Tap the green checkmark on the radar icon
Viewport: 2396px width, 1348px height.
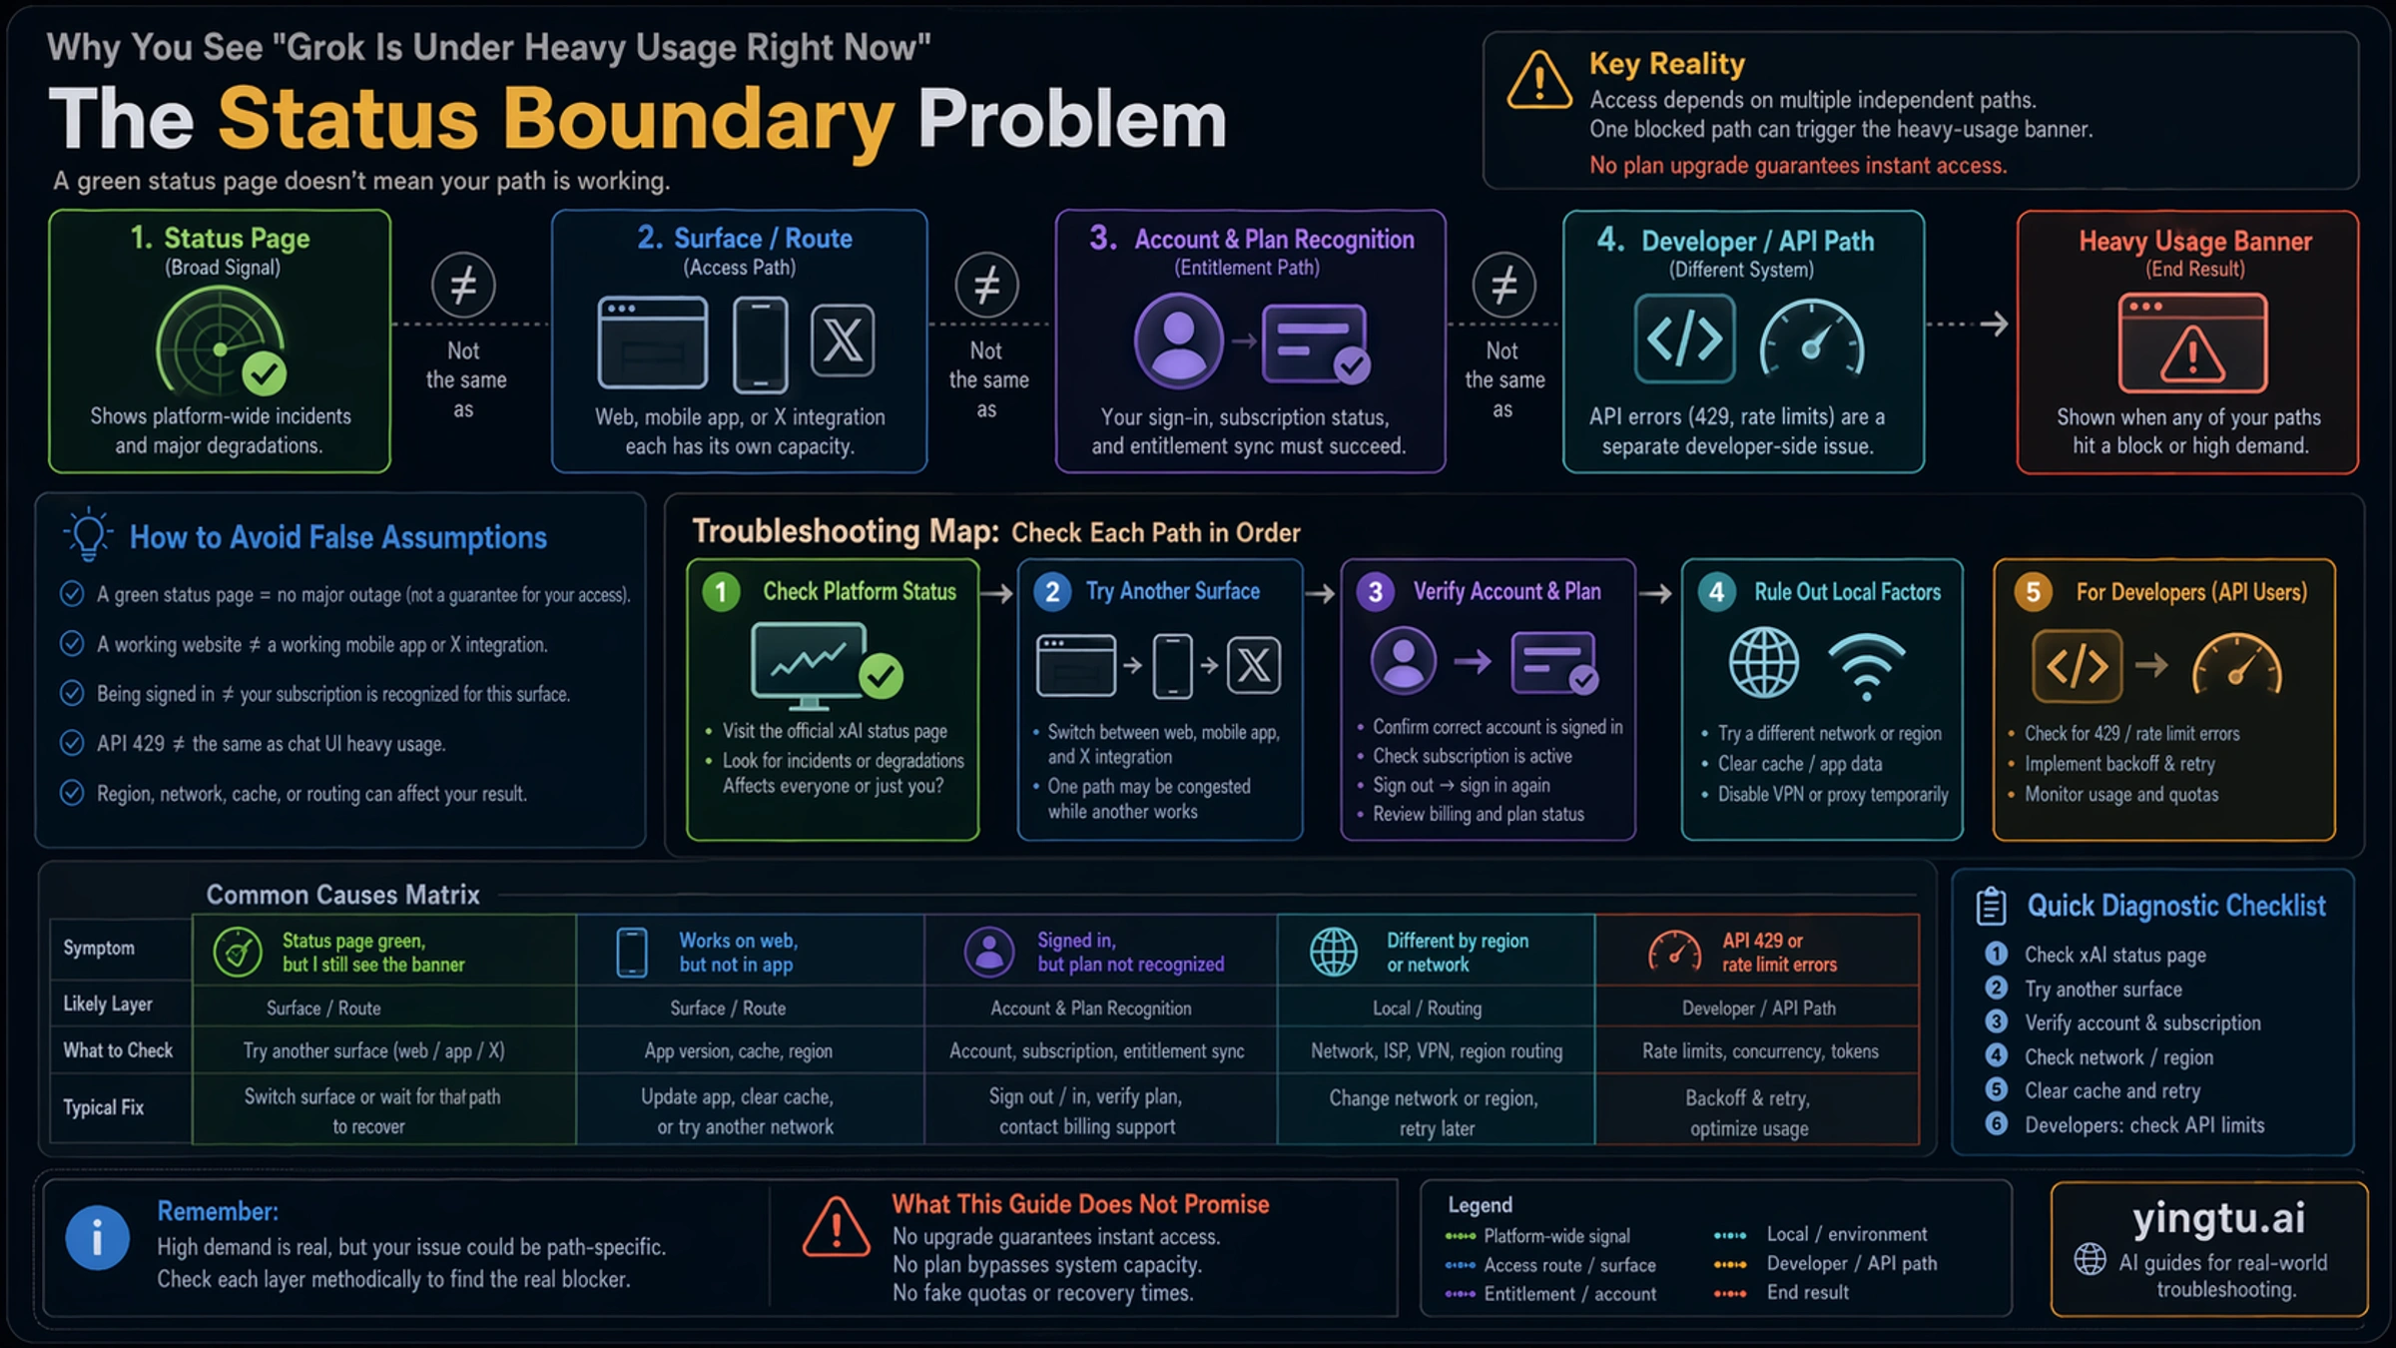[x=265, y=374]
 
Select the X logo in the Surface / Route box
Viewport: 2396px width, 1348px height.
[x=843, y=340]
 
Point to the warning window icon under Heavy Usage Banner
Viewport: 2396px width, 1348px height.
[x=2192, y=342]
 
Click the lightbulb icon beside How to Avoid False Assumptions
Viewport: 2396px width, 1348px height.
[x=88, y=534]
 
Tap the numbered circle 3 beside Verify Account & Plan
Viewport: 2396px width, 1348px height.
[x=1376, y=592]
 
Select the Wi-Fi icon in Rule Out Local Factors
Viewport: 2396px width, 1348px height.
[x=1866, y=665]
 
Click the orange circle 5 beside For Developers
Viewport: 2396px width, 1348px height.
[x=2033, y=592]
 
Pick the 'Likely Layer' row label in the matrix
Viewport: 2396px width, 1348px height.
[x=108, y=1004]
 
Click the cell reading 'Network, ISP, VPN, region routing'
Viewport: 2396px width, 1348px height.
[x=1437, y=1050]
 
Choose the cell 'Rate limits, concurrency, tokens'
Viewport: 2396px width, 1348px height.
[x=1760, y=1050]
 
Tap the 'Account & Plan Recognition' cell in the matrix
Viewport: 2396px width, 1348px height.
[x=1091, y=1009]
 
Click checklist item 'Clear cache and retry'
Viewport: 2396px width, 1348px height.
[x=2111, y=1090]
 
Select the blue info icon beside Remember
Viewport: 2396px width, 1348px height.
[x=97, y=1238]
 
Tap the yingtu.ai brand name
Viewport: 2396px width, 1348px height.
[x=2218, y=1218]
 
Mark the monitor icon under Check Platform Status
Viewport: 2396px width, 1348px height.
[x=810, y=664]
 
